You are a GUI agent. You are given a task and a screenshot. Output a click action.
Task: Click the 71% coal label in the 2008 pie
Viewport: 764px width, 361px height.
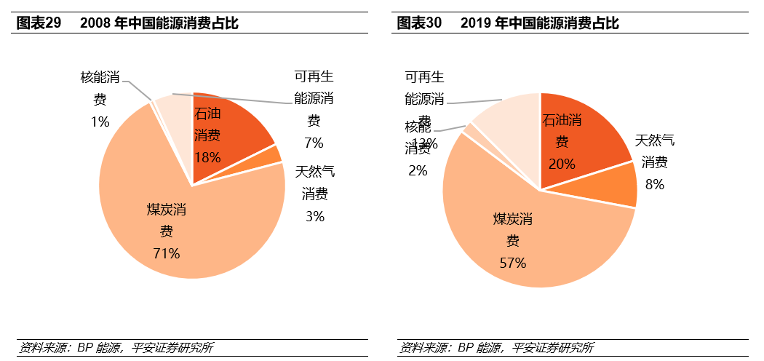[x=166, y=253]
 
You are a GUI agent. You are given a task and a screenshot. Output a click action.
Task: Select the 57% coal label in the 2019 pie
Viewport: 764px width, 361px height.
[x=512, y=263]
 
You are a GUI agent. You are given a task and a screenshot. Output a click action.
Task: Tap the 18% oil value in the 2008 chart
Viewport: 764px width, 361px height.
[x=207, y=156]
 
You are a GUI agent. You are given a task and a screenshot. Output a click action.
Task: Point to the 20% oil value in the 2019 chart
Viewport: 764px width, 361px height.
[x=562, y=164]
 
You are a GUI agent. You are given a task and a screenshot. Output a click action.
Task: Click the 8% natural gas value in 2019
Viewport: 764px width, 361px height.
[x=654, y=184]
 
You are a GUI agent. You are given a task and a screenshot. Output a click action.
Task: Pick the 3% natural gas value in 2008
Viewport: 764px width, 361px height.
[x=314, y=215]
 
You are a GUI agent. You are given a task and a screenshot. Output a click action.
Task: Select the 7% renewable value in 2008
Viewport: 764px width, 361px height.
[x=314, y=142]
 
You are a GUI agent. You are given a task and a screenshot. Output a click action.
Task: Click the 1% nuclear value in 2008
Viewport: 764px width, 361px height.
[x=100, y=122]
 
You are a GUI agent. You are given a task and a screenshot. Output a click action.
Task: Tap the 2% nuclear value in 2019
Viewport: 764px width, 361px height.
[x=418, y=170]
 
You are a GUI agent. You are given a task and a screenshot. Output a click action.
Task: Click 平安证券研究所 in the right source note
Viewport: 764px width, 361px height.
[x=553, y=347]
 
